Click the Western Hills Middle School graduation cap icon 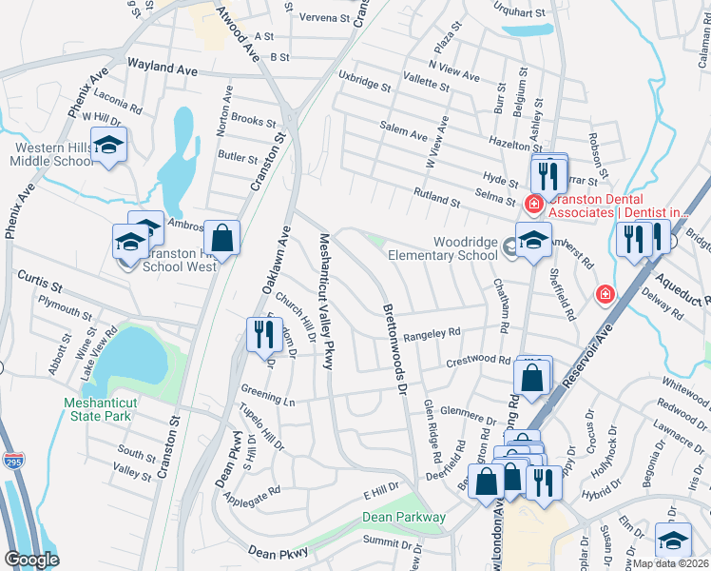click(x=109, y=146)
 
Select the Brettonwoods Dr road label click(x=394, y=350)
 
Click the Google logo click(x=32, y=560)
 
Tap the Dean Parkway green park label click(x=404, y=518)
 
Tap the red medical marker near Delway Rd click(x=604, y=295)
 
